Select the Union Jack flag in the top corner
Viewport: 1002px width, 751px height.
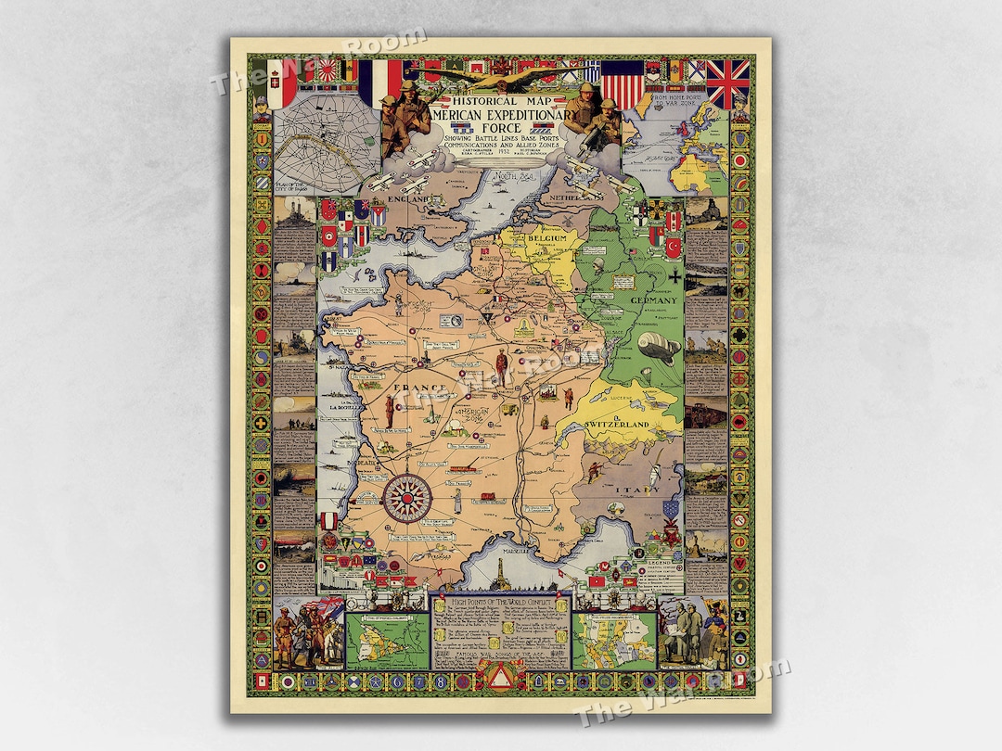[727, 83]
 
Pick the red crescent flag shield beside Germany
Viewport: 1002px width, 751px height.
[674, 247]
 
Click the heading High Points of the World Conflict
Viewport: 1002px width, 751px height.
[500, 603]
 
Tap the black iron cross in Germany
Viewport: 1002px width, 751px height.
[678, 275]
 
